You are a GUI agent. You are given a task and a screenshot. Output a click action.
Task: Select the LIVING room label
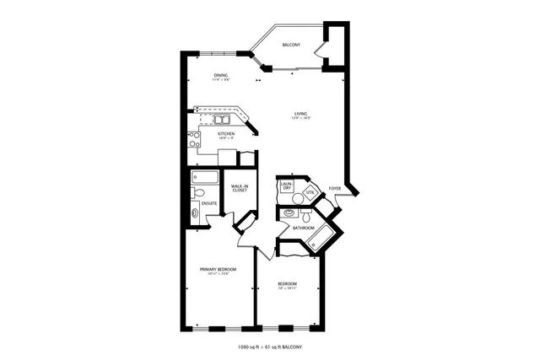click(x=301, y=114)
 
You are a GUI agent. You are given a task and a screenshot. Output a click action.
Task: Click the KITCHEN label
click(x=226, y=134)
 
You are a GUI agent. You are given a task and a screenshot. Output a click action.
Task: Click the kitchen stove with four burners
click(x=194, y=141)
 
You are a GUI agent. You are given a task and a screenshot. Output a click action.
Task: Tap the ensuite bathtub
click(x=202, y=178)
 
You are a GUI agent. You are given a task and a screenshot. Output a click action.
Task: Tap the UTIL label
click(x=310, y=193)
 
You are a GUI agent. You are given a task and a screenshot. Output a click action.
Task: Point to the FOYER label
click(x=335, y=189)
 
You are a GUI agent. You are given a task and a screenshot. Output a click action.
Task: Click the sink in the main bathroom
click(x=289, y=213)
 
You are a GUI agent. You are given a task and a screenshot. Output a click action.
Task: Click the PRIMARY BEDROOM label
click(x=218, y=269)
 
